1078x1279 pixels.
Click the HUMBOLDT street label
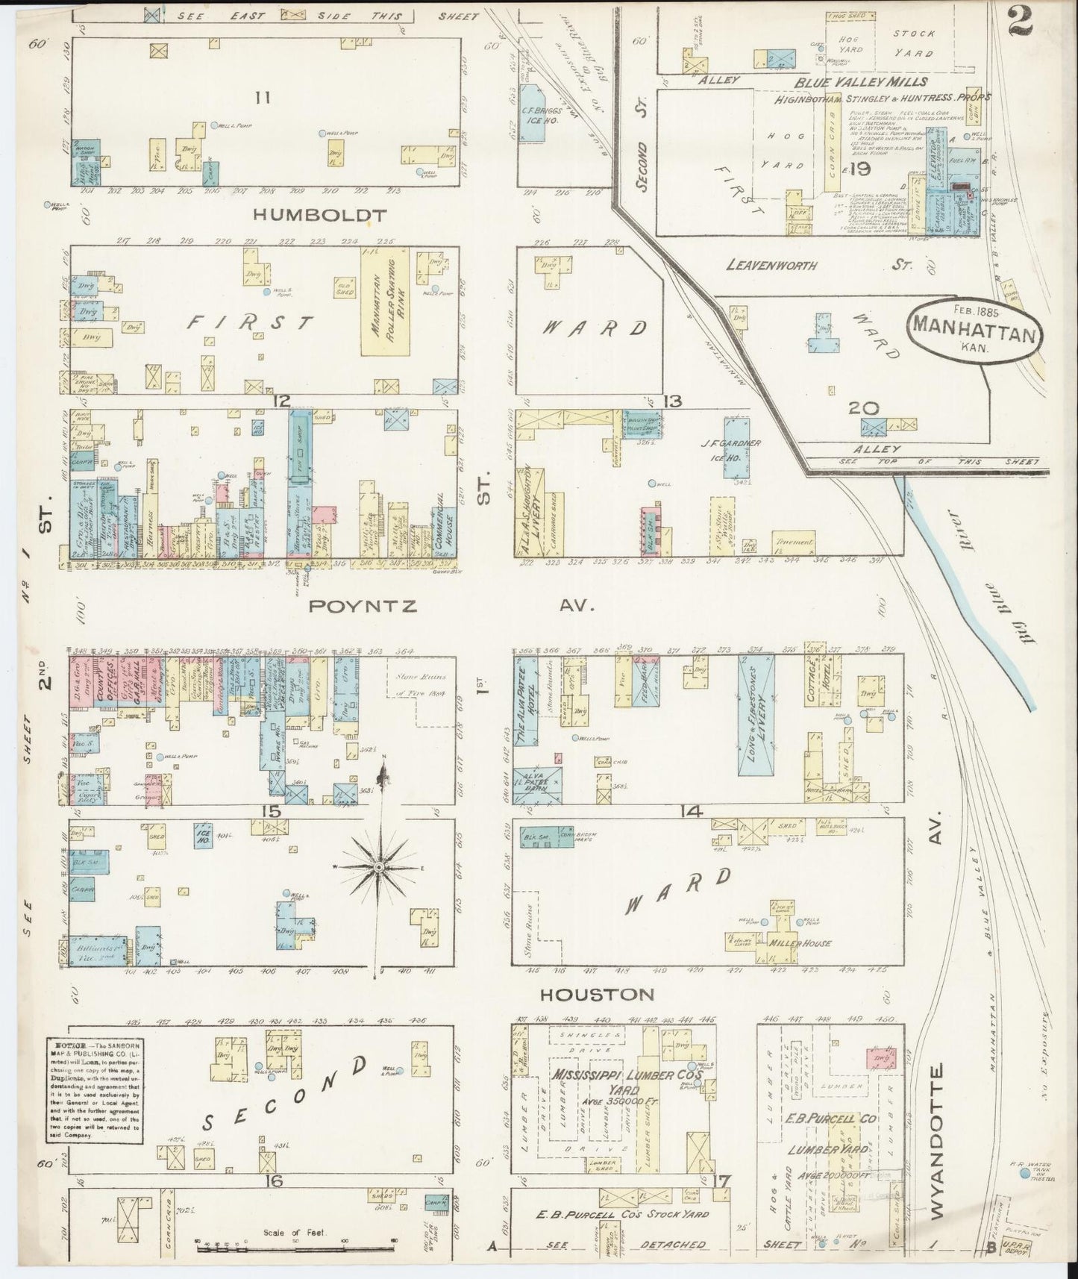[x=320, y=215]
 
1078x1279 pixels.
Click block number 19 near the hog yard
[x=859, y=170]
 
